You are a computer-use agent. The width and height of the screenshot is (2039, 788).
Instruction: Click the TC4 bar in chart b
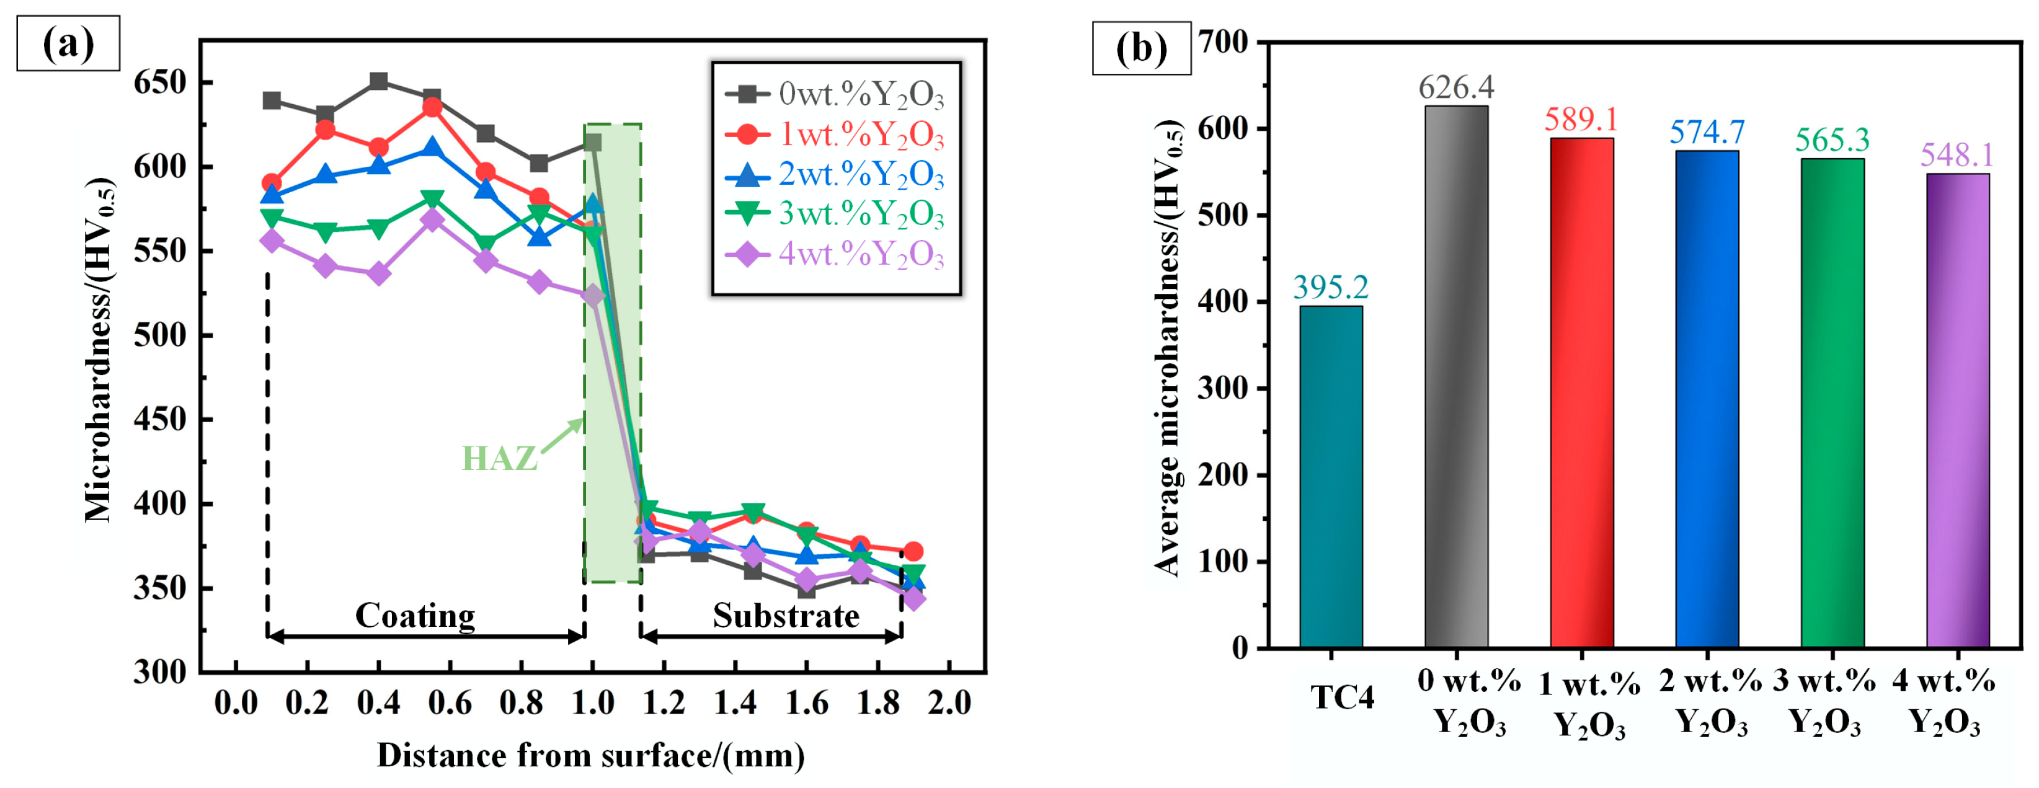pyautogui.click(x=1331, y=477)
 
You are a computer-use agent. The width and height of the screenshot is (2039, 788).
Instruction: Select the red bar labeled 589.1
pyautogui.click(x=1581, y=393)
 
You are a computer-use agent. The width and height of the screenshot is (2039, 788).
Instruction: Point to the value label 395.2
pyautogui.click(x=1331, y=287)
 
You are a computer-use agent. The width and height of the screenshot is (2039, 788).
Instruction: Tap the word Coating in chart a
pyautogui.click(x=415, y=616)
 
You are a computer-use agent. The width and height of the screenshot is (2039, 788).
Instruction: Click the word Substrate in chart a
pyautogui.click(x=785, y=616)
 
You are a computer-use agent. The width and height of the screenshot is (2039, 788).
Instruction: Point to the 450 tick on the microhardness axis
pyautogui.click(x=160, y=419)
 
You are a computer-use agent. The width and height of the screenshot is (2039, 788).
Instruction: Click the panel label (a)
pyautogui.click(x=68, y=43)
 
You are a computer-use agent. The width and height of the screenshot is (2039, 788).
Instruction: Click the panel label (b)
pyautogui.click(x=1140, y=48)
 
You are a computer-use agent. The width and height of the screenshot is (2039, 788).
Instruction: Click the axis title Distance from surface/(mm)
pyautogui.click(x=590, y=756)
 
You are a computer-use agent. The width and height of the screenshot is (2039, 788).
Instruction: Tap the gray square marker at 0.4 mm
pyautogui.click(x=378, y=81)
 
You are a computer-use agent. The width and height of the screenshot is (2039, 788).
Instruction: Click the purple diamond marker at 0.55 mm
pyautogui.click(x=432, y=220)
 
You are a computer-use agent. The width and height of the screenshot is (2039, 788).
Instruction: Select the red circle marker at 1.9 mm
pyautogui.click(x=913, y=551)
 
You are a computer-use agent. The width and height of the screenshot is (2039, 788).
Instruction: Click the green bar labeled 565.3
pyautogui.click(x=1832, y=403)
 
